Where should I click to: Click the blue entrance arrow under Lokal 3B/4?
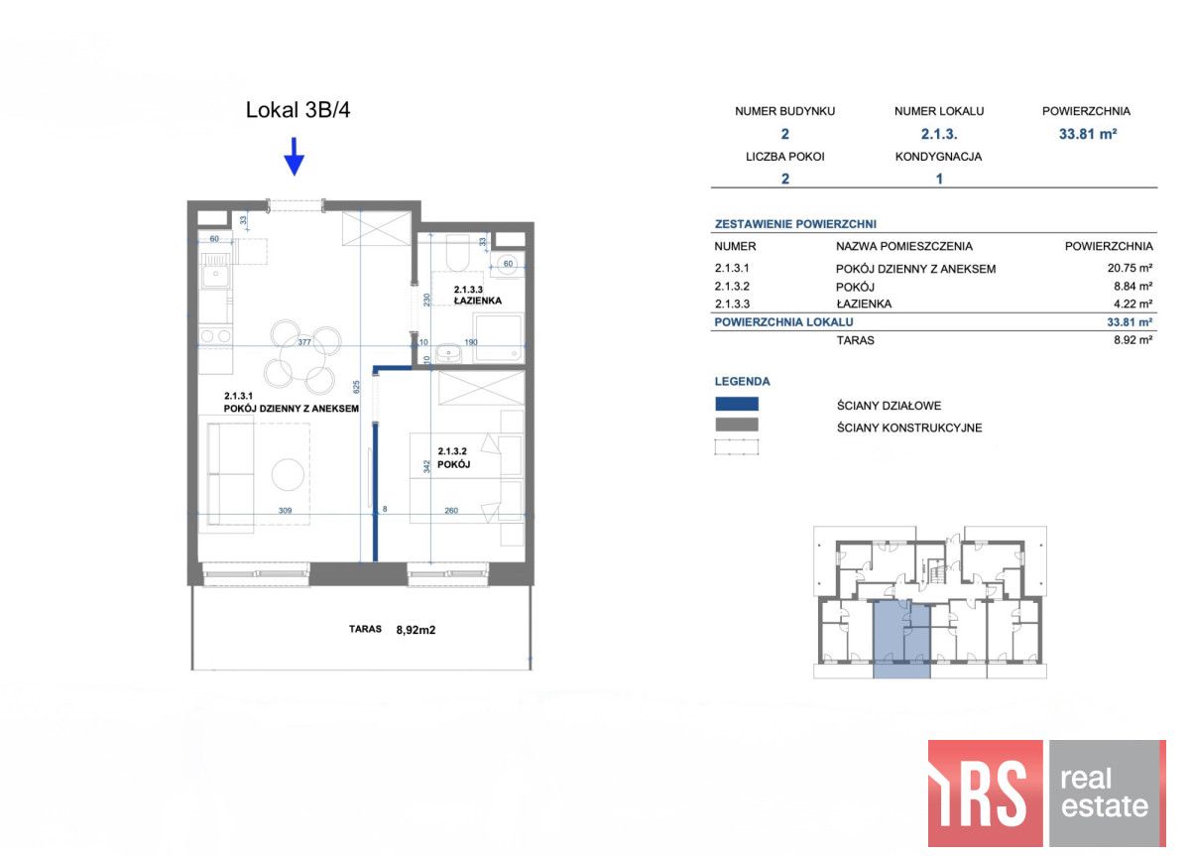pos(294,156)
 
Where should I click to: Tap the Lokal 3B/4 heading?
pos(297,110)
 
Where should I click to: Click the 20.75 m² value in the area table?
pos(1130,268)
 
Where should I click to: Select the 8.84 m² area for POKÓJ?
pos(1132,286)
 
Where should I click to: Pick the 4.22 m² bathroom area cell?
pos(1132,304)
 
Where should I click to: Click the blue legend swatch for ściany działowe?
pos(736,404)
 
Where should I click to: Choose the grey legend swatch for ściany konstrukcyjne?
pos(736,425)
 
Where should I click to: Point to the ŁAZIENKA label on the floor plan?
pos(478,301)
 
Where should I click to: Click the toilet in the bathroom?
pos(457,253)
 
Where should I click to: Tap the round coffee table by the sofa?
pos(288,474)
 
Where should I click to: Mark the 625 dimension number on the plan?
pos(356,387)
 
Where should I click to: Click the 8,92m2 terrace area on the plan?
pos(416,630)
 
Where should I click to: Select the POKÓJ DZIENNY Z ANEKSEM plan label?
pos(292,409)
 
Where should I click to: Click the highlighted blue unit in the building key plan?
pos(901,640)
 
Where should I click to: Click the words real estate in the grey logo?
pos(1104,793)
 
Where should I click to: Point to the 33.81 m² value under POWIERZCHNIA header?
pos(1088,134)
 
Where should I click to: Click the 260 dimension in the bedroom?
pos(451,511)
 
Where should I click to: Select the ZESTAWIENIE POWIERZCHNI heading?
pos(795,224)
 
